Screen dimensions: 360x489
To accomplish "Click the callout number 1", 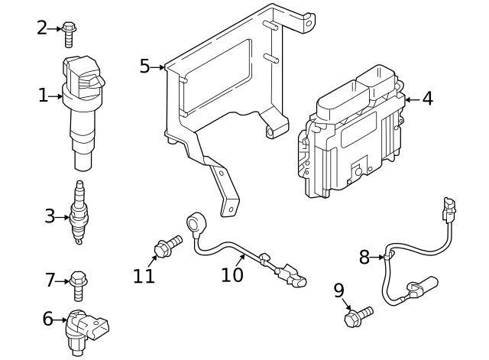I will (x=43, y=96).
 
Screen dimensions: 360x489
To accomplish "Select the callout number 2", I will (x=42, y=28).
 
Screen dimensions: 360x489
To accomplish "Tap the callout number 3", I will (x=50, y=216).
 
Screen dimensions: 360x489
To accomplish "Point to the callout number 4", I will (x=427, y=99).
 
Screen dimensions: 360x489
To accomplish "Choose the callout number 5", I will (x=144, y=66).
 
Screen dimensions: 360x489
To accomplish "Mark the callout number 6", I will (x=47, y=319).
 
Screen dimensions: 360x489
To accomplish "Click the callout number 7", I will (x=50, y=281).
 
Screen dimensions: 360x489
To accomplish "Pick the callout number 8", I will (x=364, y=258).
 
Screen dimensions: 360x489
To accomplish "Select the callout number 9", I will (x=338, y=290).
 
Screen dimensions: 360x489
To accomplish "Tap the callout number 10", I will (x=232, y=274).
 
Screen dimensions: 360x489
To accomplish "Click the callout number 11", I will (x=144, y=276).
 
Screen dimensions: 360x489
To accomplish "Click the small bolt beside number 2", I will (x=70, y=32).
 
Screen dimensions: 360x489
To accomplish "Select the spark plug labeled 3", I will (x=77, y=214).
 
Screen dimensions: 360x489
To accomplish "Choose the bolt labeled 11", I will (x=167, y=246).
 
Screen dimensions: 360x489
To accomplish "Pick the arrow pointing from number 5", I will (x=159, y=67).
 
